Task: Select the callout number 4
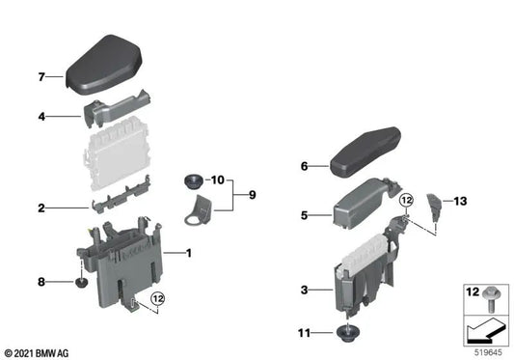[41, 118]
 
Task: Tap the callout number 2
[41, 208]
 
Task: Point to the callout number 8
[41, 282]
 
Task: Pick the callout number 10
[218, 180]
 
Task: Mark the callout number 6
[304, 166]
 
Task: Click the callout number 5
[304, 215]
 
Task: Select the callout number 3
[304, 290]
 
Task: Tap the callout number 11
[304, 333]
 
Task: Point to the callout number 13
[460, 201]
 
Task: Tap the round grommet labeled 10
[193, 180]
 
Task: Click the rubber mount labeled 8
[82, 283]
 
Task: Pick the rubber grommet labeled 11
[345, 335]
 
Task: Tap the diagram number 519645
[486, 352]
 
